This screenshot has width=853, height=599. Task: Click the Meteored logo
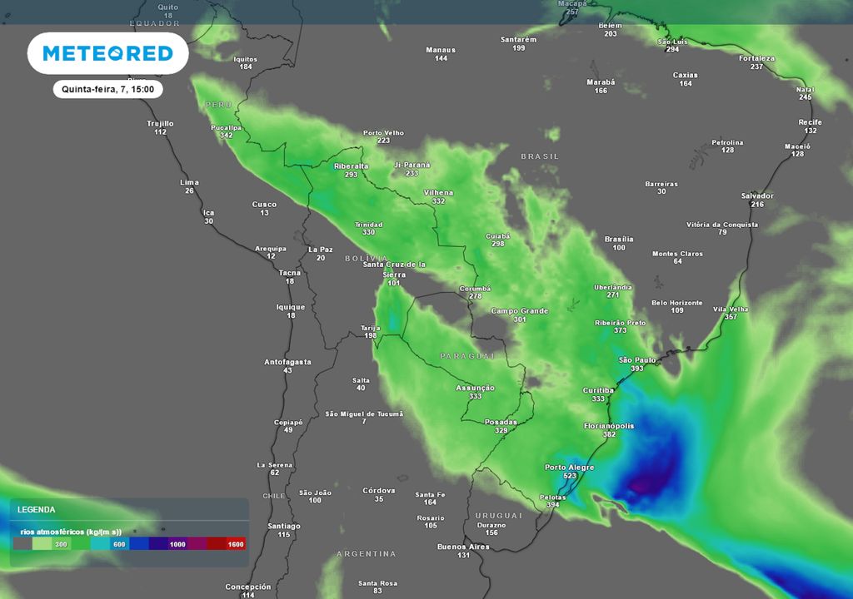pyautogui.click(x=107, y=53)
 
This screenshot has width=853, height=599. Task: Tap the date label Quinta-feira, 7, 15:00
pyautogui.click(x=108, y=89)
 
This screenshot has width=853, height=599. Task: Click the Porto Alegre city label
pyautogui.click(x=570, y=468)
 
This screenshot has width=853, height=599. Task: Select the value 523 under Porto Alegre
pyautogui.click(x=570, y=476)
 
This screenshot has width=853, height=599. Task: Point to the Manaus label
pyautogui.click(x=441, y=50)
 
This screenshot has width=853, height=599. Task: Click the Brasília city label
pyautogui.click(x=619, y=239)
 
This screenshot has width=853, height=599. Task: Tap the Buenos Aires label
pyautogui.click(x=463, y=547)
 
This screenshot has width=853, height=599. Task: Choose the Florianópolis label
pyautogui.click(x=609, y=426)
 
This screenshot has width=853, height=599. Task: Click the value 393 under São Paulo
pyautogui.click(x=637, y=369)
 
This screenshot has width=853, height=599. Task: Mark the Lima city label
pyautogui.click(x=189, y=182)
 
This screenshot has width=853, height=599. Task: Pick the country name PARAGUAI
pyautogui.click(x=466, y=355)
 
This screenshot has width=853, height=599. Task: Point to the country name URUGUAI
pyautogui.click(x=498, y=516)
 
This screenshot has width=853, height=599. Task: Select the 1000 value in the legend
pyautogui.click(x=177, y=543)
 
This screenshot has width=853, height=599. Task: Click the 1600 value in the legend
pyautogui.click(x=235, y=543)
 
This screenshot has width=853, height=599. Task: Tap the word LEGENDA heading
pyautogui.click(x=37, y=508)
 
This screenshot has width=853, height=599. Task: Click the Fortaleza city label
pyautogui.click(x=756, y=58)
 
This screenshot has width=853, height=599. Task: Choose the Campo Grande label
pyautogui.click(x=519, y=311)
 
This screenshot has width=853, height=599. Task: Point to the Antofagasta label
pyautogui.click(x=287, y=362)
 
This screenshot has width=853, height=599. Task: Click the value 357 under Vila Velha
pyautogui.click(x=731, y=317)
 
